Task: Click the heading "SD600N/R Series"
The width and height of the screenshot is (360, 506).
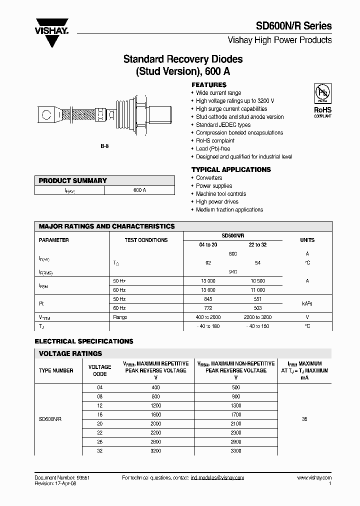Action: pyautogui.click(x=293, y=26)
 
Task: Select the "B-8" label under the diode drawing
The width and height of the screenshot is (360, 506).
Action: pyautogui.click(x=104, y=145)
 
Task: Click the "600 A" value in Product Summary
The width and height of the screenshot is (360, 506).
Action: pyautogui.click(x=140, y=190)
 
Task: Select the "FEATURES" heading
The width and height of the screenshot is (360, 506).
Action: pyautogui.click(x=209, y=85)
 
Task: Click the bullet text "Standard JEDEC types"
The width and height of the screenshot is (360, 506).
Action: pyautogui.click(x=223, y=125)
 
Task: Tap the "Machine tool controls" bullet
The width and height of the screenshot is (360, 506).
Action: pyautogui.click(x=221, y=194)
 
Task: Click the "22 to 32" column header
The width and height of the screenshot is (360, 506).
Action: pyautogui.click(x=257, y=244)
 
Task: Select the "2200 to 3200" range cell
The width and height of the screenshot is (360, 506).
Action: pyautogui.click(x=257, y=317)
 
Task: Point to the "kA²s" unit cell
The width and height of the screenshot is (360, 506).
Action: pyautogui.click(x=307, y=303)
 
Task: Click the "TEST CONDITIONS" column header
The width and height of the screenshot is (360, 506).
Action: pyautogui.click(x=146, y=240)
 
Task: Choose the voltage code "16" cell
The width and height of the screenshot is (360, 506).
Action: pyautogui.click(x=100, y=414)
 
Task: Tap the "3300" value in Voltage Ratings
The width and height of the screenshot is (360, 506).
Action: pyautogui.click(x=236, y=451)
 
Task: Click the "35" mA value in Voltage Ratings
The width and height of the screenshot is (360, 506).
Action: pyautogui.click(x=304, y=419)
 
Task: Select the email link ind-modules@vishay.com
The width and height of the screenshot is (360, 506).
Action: pyautogui.click(x=217, y=478)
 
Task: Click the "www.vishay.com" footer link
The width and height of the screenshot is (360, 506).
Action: pyautogui.click(x=314, y=478)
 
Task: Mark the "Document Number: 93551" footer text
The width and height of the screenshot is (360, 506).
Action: pyautogui.click(x=62, y=478)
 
